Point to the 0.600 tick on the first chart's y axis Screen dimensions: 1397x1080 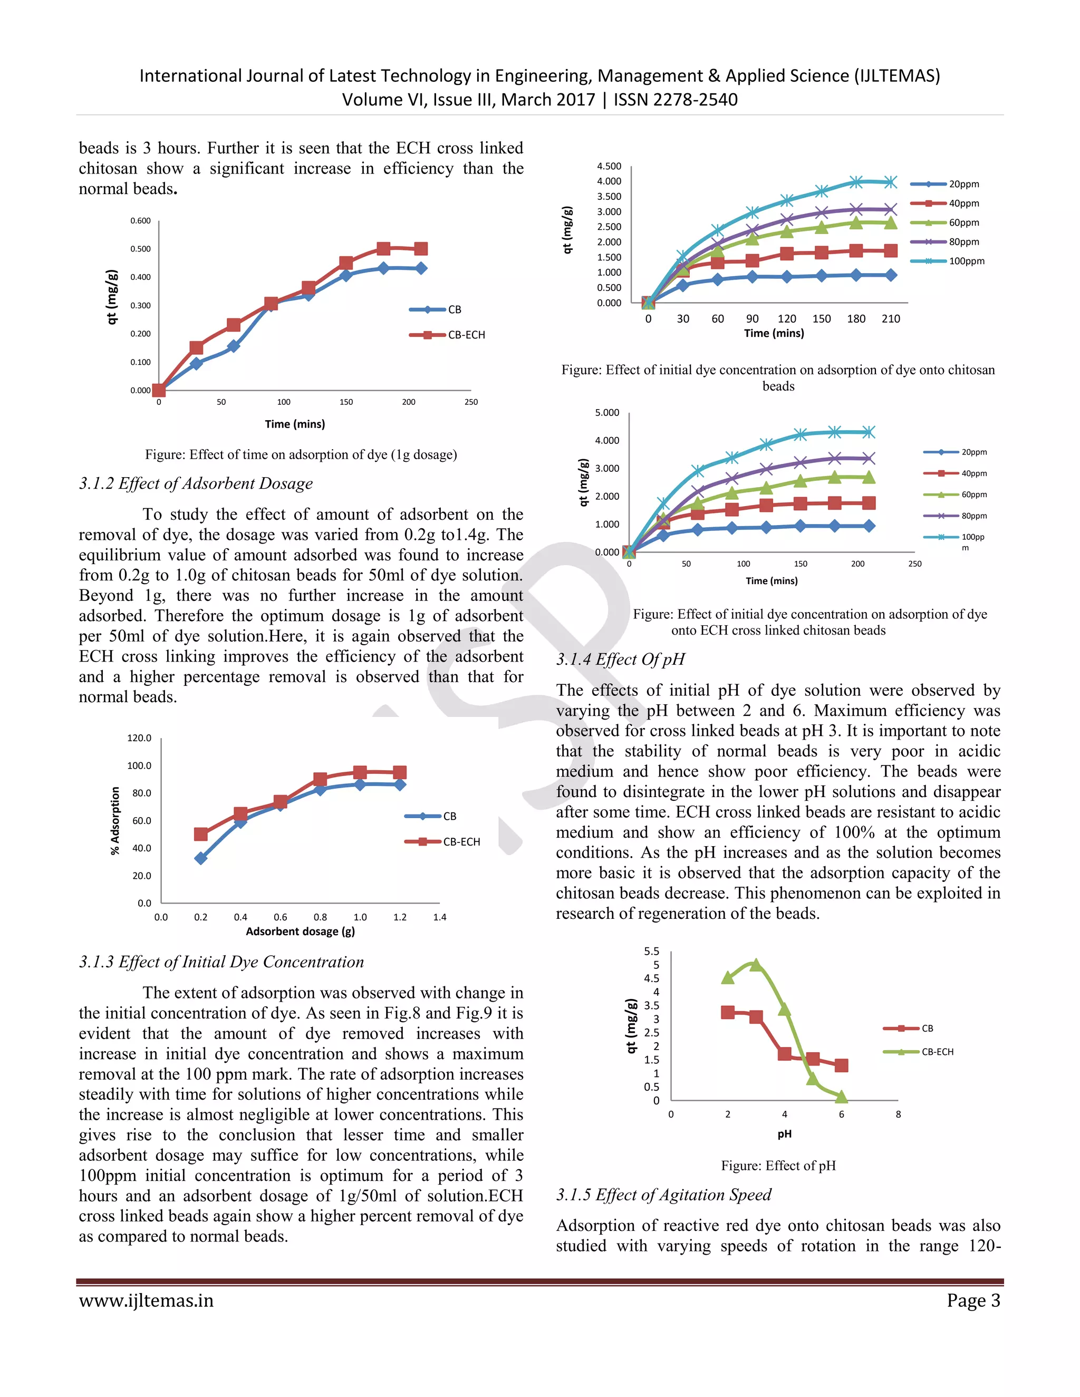(140, 221)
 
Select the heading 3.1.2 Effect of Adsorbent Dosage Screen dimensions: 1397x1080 (196, 483)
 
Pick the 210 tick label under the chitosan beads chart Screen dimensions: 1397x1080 (891, 318)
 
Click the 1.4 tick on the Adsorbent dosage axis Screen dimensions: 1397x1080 (440, 917)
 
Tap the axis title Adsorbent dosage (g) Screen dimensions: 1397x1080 (300, 932)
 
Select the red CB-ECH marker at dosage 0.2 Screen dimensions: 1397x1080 (201, 834)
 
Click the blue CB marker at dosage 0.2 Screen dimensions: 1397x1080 (201, 858)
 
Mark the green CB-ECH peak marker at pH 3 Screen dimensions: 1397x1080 (756, 965)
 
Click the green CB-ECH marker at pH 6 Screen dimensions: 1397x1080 (841, 1097)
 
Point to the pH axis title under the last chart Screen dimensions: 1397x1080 (784, 1134)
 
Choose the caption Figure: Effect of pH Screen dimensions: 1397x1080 (778, 1166)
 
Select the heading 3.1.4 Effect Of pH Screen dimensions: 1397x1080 (620, 659)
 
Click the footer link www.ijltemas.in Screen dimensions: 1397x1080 (146, 1301)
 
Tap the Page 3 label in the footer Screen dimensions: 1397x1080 (973, 1301)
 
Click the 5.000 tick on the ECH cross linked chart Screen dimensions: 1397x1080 (606, 413)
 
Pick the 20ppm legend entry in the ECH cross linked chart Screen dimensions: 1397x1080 (973, 452)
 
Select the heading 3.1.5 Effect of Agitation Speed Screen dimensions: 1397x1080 (663, 1195)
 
